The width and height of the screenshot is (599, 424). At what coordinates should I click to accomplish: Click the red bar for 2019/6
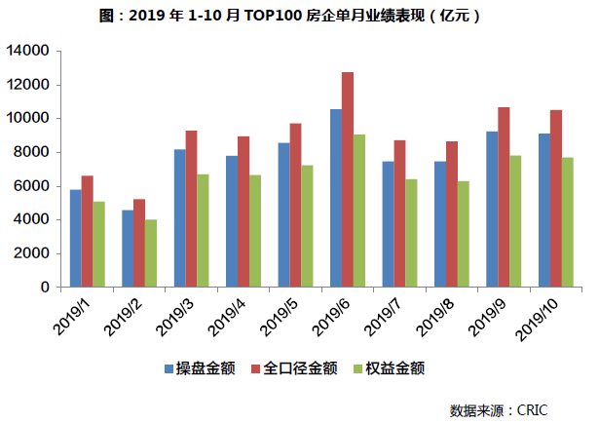click(348, 180)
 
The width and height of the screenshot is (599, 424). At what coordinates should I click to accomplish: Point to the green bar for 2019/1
click(98, 245)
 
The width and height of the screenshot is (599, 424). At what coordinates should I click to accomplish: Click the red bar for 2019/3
click(191, 209)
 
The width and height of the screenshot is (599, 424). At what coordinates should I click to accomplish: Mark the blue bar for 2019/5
click(283, 215)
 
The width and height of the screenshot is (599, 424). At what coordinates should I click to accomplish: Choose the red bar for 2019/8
click(451, 214)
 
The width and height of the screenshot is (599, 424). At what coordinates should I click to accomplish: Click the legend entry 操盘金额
click(200, 368)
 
